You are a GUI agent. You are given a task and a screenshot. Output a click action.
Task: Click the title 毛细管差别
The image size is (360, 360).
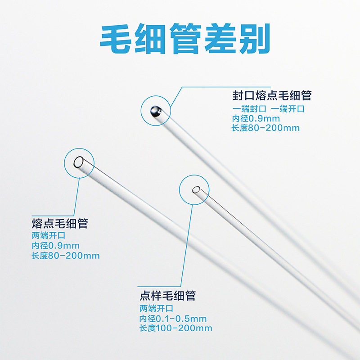[184, 40]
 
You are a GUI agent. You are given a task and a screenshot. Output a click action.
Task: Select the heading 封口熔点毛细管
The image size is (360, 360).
[272, 96]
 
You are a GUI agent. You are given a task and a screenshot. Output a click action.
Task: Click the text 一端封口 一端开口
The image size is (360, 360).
[268, 109]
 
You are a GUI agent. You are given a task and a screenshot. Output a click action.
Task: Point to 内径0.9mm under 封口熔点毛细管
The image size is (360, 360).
[256, 118]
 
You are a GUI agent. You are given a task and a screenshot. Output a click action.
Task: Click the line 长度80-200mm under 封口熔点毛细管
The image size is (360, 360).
[265, 128]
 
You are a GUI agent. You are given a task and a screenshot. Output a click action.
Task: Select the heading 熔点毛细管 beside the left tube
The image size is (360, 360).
[60, 224]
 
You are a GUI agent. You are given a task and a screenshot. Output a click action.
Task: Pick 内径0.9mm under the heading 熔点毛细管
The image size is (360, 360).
[55, 246]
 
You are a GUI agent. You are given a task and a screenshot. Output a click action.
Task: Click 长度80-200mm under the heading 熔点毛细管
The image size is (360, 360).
[66, 256]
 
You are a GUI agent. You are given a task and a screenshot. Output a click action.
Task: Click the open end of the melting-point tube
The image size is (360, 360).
[79, 162]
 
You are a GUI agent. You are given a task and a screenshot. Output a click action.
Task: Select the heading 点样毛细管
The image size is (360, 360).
[168, 296]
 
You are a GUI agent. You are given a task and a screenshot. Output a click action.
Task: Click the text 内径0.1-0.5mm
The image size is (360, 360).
[173, 319]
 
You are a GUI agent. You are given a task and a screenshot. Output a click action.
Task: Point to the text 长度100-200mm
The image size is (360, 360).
[175, 328]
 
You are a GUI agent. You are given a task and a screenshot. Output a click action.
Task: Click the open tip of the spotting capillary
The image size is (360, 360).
[196, 190]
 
